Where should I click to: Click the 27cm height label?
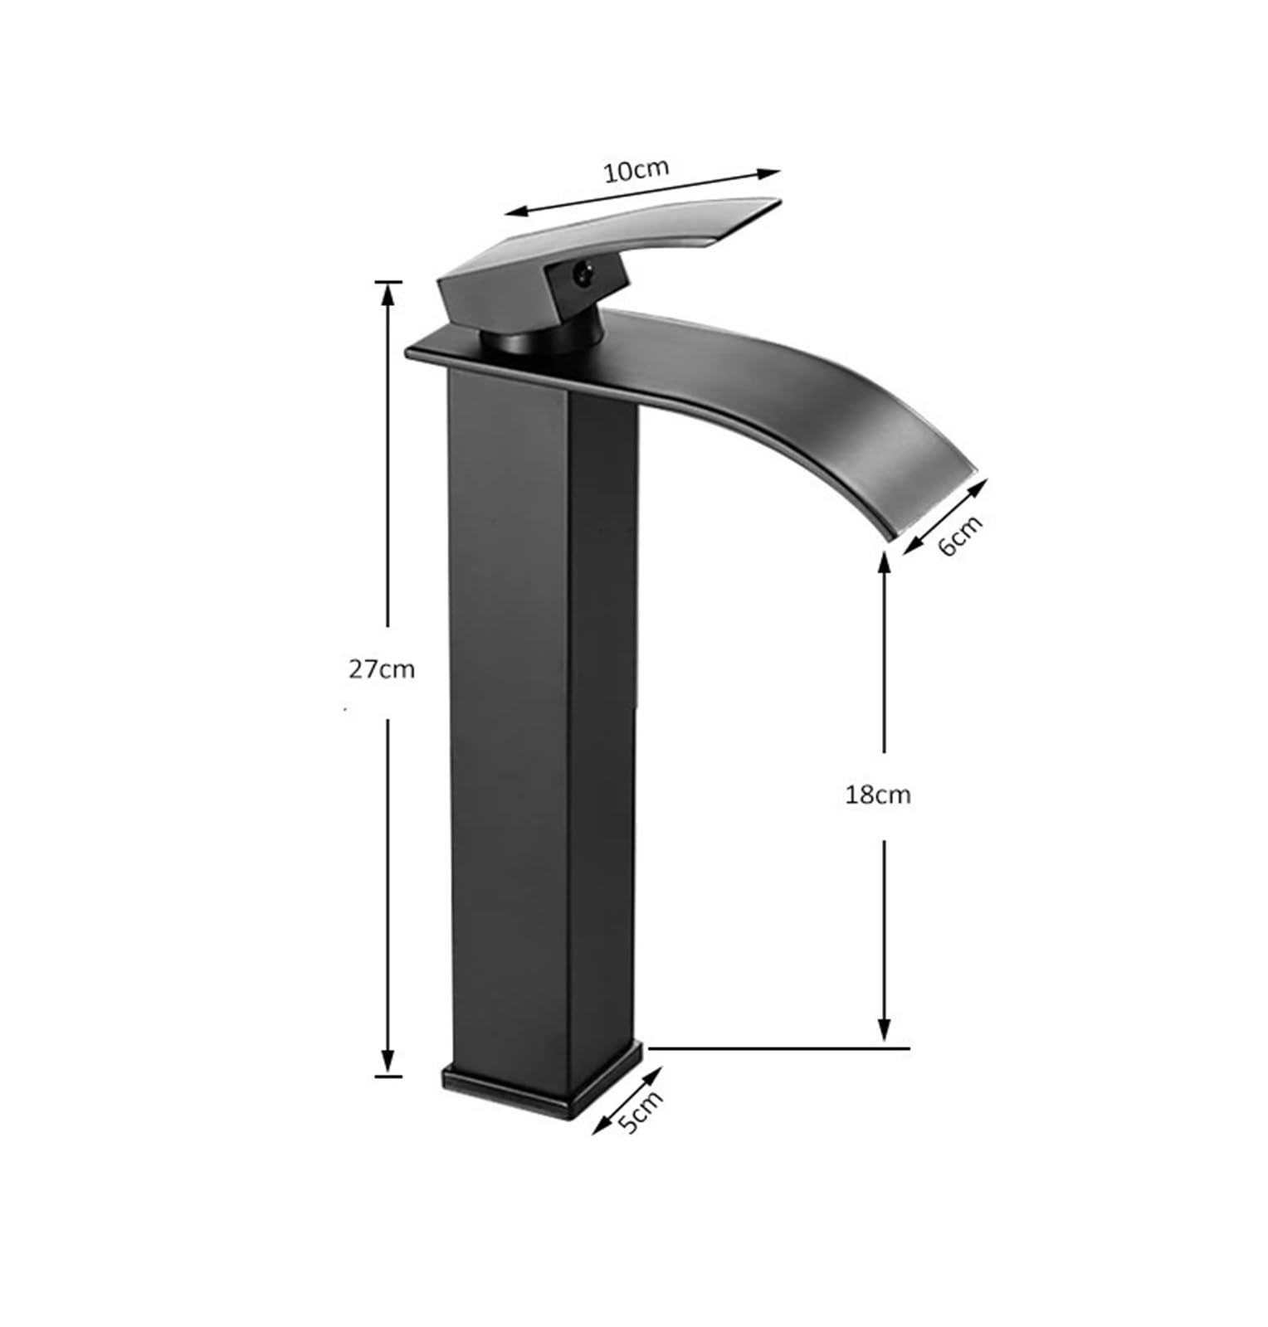coord(381,668)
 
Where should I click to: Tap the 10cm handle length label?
coord(636,169)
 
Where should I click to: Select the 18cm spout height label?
coord(877,795)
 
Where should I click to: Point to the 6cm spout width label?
coord(960,535)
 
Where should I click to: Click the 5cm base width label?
coord(641,1111)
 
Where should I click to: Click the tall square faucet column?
coord(544,713)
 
